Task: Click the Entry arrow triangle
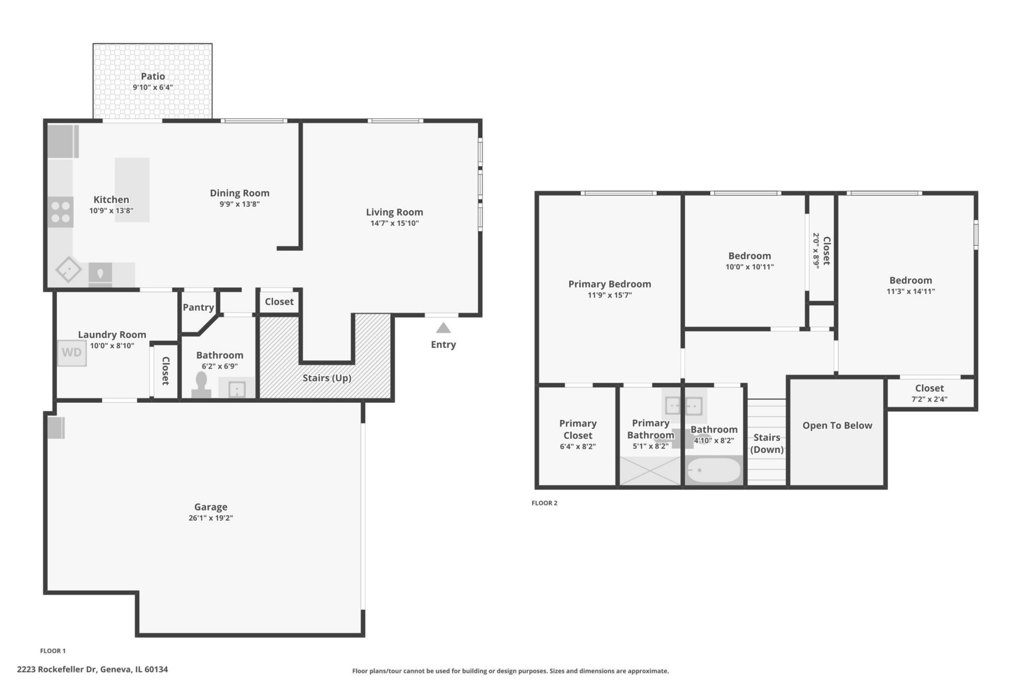[443, 328]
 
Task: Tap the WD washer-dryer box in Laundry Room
[72, 352]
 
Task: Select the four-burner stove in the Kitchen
[61, 212]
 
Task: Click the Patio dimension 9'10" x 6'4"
[153, 87]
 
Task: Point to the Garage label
[211, 507]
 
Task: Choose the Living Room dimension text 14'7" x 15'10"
[395, 223]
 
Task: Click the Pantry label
[199, 308]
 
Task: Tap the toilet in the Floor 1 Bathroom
[201, 385]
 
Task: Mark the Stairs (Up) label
[327, 378]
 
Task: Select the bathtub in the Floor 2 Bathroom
[714, 470]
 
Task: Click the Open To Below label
[838, 426]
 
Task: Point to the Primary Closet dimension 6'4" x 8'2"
[578, 446]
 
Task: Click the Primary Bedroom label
[609, 284]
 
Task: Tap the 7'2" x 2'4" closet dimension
[930, 399]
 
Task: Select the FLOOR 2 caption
[545, 503]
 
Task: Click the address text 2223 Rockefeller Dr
[57, 669]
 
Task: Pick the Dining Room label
[239, 193]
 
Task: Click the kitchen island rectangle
[132, 190]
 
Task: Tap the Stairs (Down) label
[766, 443]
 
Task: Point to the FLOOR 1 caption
[53, 651]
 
